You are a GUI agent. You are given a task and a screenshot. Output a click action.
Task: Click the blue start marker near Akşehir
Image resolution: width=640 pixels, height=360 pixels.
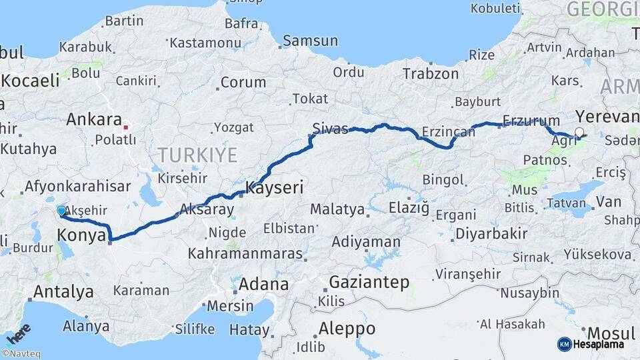[61, 211]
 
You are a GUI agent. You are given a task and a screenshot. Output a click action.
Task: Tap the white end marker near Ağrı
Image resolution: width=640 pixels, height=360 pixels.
[579, 133]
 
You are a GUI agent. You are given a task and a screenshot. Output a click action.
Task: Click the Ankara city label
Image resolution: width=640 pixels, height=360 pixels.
[93, 120]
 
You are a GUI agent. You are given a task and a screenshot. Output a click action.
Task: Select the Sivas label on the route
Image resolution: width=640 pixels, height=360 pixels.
[332, 129]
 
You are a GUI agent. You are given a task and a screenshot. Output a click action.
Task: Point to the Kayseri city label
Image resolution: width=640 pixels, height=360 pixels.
[275, 188]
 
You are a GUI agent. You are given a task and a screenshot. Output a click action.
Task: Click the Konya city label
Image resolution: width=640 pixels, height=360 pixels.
[81, 235]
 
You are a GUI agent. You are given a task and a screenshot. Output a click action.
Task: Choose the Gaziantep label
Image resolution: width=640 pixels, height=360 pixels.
[369, 282]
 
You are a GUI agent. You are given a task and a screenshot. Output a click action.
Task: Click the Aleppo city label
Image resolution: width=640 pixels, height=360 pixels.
[347, 328]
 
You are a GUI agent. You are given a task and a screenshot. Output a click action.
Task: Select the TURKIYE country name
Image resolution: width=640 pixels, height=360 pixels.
[197, 156]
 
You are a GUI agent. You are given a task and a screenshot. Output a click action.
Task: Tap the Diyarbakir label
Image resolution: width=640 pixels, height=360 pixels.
[491, 234]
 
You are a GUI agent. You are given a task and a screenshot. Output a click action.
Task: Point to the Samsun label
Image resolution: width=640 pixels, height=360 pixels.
[310, 41]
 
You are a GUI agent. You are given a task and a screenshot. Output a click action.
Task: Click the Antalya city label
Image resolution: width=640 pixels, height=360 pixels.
[63, 291]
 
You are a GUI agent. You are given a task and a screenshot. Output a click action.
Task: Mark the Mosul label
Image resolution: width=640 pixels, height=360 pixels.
[610, 333]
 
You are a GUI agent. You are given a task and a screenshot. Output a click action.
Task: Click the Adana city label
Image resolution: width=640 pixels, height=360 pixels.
[265, 285]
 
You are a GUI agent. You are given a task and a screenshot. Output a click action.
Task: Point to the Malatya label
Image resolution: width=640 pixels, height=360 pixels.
[338, 209]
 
